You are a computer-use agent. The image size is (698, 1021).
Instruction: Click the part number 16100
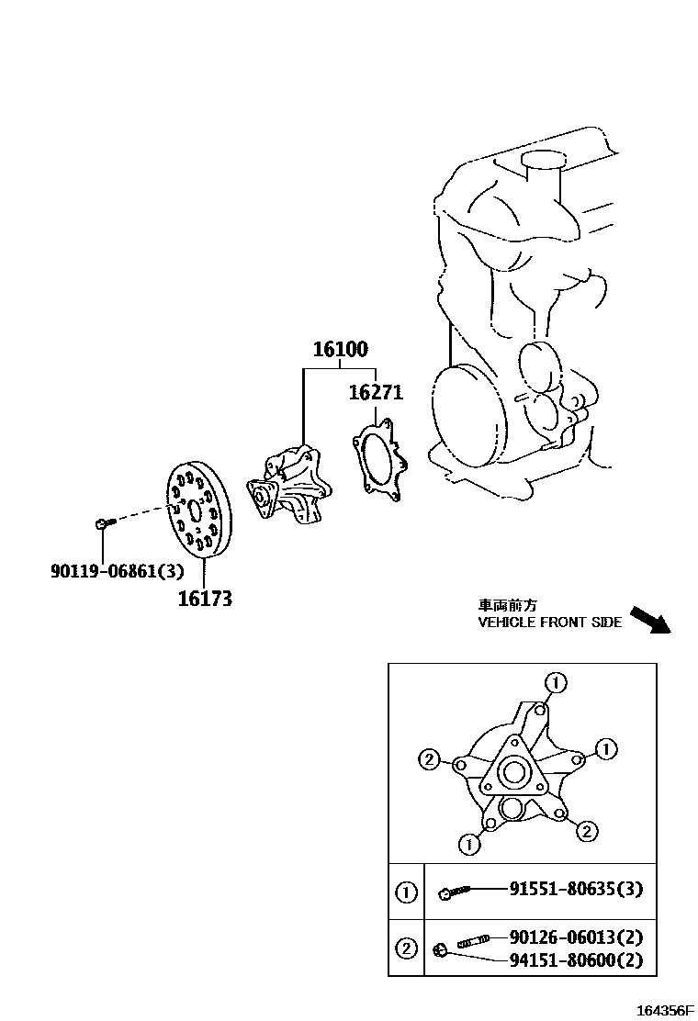pyautogui.click(x=340, y=350)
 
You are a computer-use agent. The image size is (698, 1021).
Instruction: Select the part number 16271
pyautogui.click(x=376, y=393)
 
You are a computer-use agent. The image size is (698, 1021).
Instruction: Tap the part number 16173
pyautogui.click(x=206, y=600)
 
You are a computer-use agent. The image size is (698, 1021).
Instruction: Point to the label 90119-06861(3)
pyautogui.click(x=117, y=571)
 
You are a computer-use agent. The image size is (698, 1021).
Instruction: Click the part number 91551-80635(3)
pyautogui.click(x=576, y=889)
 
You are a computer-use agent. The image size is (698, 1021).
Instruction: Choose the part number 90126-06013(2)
pyautogui.click(x=576, y=937)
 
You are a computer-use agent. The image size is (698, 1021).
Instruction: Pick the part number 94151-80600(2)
pyautogui.click(x=576, y=961)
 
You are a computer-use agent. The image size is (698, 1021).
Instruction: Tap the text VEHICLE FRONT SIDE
pyautogui.click(x=549, y=622)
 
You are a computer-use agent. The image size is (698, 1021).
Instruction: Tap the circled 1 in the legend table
pyautogui.click(x=406, y=892)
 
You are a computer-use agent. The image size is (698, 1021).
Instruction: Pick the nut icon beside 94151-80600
pyautogui.click(x=441, y=949)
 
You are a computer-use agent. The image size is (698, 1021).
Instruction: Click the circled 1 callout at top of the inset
pyautogui.click(x=555, y=682)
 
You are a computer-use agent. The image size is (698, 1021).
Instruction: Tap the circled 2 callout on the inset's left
pyautogui.click(x=427, y=759)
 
